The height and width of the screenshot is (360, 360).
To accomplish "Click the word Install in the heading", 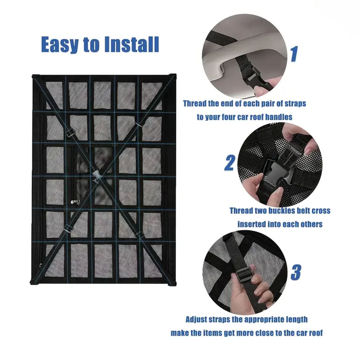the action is click(131, 44).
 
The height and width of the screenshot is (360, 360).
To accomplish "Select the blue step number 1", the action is click(294, 54).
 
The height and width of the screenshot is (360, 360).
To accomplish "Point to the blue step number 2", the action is click(230, 163).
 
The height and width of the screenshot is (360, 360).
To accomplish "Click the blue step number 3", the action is click(296, 272).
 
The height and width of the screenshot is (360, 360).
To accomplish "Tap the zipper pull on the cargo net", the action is click(75, 202).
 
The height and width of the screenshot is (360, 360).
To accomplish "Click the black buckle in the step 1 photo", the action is click(255, 77).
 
